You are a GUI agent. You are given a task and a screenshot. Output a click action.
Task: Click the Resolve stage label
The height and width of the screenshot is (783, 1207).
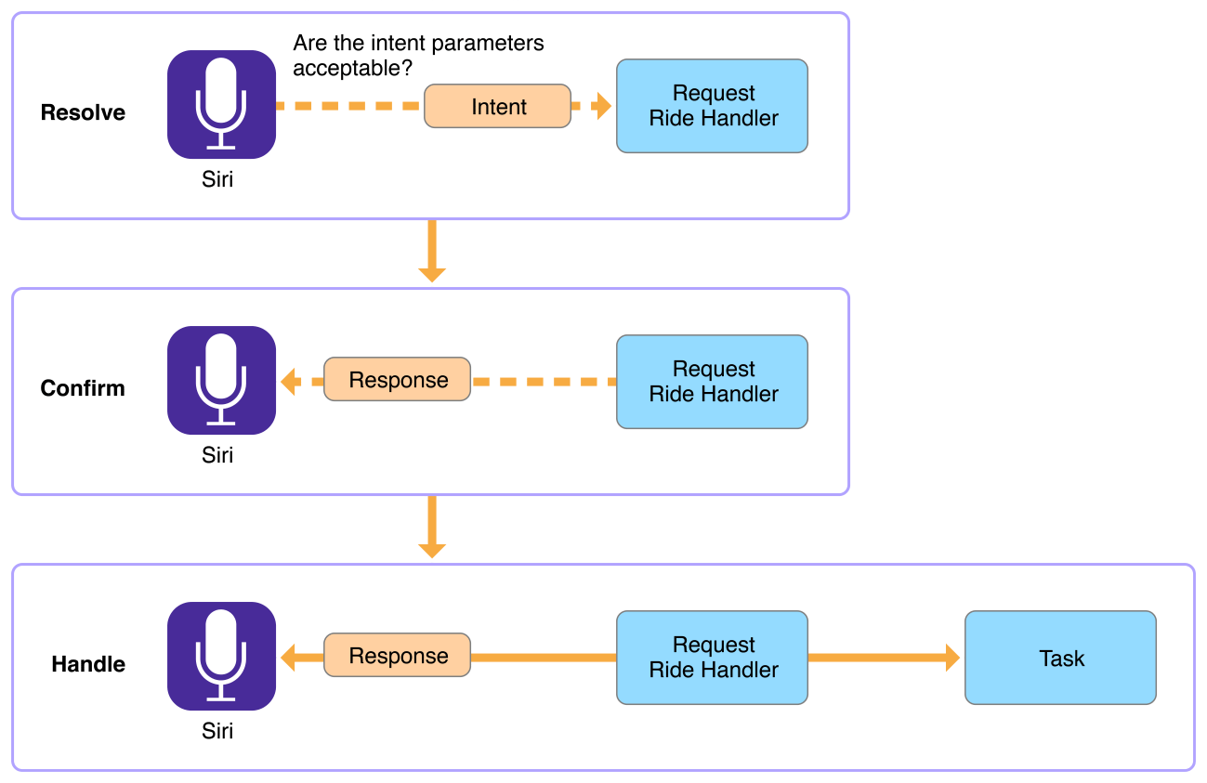[x=83, y=112]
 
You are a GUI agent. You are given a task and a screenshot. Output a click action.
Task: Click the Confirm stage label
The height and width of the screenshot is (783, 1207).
[x=83, y=388]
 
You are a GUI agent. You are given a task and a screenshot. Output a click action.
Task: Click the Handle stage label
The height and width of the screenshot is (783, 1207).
[x=88, y=664]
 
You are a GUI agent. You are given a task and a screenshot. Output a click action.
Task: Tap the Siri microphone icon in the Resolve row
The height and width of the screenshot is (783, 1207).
[x=221, y=104]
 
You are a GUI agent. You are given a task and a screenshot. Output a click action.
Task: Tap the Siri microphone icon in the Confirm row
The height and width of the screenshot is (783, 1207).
[x=221, y=380]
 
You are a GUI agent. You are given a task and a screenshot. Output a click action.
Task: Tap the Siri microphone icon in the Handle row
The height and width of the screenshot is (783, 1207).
[x=221, y=656]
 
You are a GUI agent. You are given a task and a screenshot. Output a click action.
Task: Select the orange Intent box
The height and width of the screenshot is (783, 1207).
[x=498, y=107]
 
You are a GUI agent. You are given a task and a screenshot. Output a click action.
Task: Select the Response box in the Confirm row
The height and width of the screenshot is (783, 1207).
[x=398, y=380]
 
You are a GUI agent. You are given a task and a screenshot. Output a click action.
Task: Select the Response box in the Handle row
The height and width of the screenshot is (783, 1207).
[x=398, y=656]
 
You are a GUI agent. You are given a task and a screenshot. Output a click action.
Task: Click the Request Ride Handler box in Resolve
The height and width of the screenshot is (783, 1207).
[x=713, y=106]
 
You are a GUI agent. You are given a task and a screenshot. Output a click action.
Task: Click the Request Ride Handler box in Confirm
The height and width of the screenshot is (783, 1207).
[x=713, y=382]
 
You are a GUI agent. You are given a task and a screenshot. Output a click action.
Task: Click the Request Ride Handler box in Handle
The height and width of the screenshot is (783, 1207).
[x=713, y=658]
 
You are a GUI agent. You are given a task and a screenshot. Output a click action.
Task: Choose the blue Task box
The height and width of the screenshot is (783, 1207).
[x=1060, y=658]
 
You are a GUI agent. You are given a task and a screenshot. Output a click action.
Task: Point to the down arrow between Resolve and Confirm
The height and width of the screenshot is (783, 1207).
[x=432, y=252]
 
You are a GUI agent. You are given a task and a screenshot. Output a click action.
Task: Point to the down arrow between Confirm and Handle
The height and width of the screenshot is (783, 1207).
[x=432, y=528]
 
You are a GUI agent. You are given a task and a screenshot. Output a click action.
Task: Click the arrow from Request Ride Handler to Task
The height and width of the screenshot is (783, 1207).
[x=883, y=658]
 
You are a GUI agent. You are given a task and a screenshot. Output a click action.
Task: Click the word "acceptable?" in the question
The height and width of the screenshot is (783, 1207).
[x=353, y=68]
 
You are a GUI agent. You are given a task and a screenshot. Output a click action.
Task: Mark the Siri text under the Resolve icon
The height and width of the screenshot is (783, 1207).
[x=217, y=179]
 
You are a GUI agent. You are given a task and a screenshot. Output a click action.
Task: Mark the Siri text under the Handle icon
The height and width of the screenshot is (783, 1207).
[x=217, y=731]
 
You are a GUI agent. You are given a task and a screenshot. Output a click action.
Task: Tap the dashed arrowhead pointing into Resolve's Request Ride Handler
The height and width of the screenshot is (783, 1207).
[x=602, y=107]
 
